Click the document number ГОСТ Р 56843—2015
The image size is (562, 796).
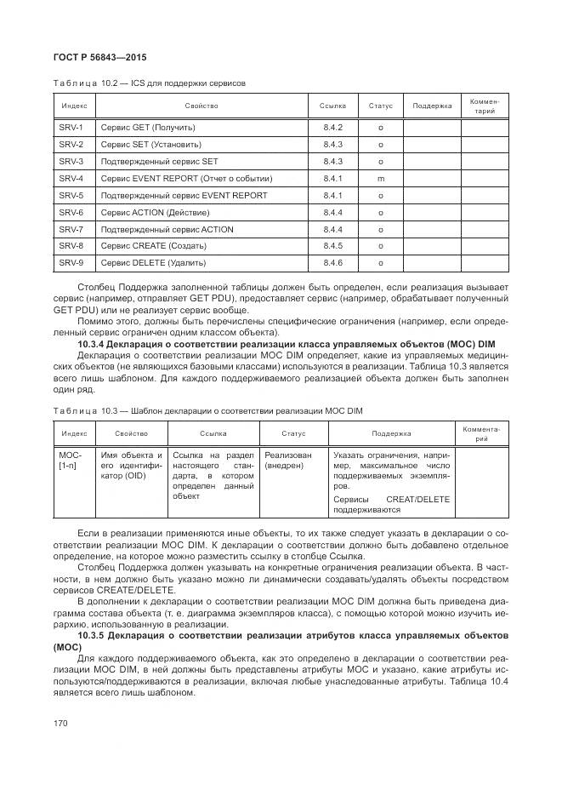point(96,57)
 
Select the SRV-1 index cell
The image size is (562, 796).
point(71,128)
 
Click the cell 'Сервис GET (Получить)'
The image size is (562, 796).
point(148,128)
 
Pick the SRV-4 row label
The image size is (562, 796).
point(71,179)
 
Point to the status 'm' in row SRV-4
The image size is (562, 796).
point(380,179)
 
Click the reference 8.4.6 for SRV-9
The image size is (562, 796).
point(332,263)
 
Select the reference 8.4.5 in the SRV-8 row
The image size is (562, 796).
point(332,246)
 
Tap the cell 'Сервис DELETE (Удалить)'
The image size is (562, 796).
point(153,263)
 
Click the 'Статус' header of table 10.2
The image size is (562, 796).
point(380,106)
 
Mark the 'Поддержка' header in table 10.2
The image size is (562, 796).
point(432,106)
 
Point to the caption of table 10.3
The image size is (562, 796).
point(207,411)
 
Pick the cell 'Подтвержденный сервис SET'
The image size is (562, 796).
point(159,162)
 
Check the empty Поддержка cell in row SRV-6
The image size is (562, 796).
point(432,212)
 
